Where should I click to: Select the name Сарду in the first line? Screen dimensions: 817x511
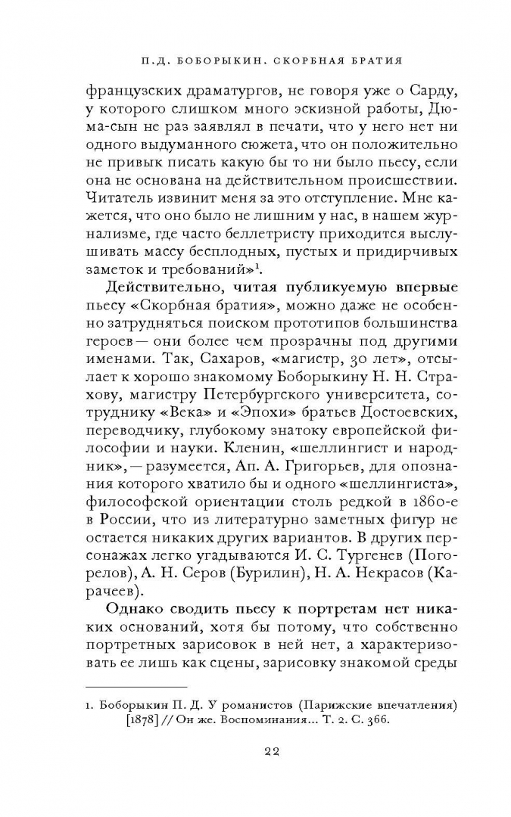point(433,92)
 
